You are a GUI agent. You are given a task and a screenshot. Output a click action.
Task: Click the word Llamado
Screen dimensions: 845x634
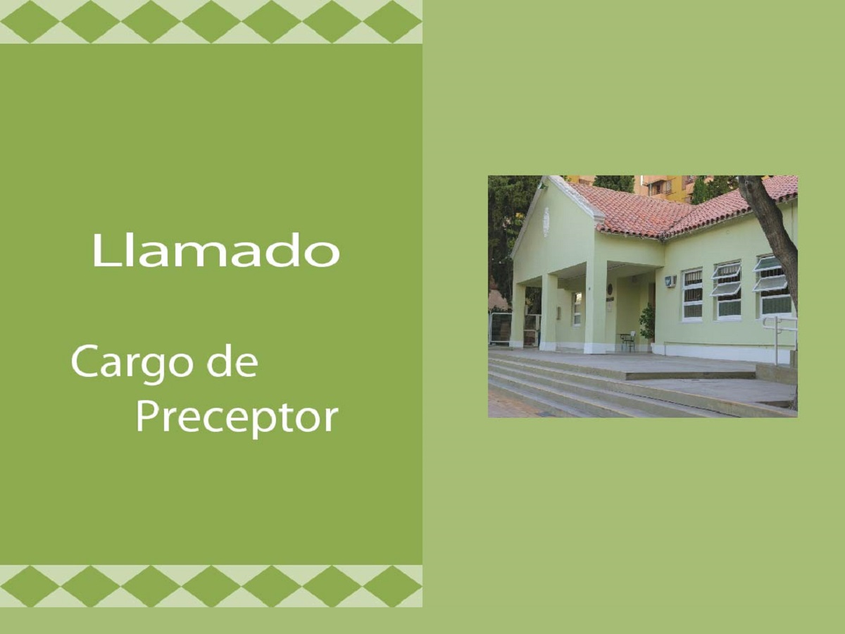click(x=216, y=250)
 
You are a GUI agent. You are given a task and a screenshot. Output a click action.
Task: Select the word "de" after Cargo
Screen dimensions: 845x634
click(x=232, y=362)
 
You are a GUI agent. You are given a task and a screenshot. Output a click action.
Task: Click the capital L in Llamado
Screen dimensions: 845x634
click(x=104, y=250)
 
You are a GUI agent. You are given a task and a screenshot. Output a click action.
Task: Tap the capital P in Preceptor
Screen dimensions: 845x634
click(x=148, y=417)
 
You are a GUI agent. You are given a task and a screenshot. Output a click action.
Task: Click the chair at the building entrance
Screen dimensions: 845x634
click(x=628, y=341)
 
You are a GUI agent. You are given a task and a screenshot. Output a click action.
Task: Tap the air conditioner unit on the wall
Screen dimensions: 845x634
click(x=670, y=280)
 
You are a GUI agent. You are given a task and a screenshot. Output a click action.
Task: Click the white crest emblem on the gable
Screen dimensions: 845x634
click(x=546, y=222)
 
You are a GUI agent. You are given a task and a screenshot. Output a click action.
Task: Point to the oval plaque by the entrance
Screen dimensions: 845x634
click(x=611, y=290)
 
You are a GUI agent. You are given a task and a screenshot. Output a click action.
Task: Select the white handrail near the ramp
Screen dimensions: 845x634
click(x=778, y=339)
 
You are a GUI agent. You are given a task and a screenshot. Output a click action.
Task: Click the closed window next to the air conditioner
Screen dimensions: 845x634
click(x=692, y=295)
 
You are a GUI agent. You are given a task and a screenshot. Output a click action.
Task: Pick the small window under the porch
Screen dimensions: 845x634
click(x=576, y=309)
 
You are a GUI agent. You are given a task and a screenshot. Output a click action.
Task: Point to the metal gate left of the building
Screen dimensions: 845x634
click(x=500, y=328)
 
